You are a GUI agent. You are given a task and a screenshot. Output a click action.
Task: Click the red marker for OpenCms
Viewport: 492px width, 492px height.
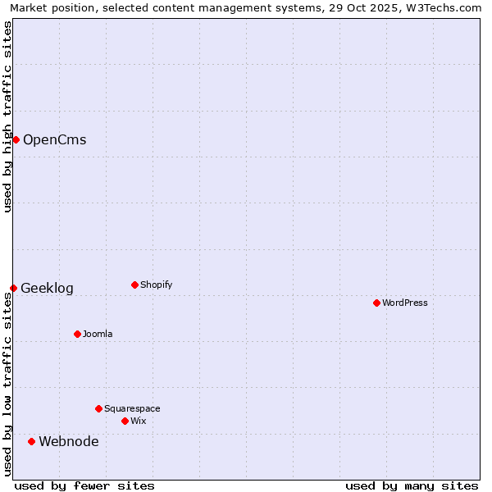click(x=16, y=139)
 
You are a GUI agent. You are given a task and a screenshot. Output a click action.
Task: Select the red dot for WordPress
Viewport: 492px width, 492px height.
click(x=376, y=303)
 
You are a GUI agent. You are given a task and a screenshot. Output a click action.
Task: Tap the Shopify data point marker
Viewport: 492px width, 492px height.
click(x=134, y=285)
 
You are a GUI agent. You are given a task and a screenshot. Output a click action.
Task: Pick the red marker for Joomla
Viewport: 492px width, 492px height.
click(x=77, y=334)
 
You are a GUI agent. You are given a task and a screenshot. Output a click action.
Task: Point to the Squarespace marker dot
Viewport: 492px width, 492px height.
click(x=98, y=408)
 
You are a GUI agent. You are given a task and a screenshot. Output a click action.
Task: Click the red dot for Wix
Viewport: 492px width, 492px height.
click(x=125, y=421)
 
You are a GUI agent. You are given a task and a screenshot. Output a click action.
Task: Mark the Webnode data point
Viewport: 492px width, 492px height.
click(x=31, y=441)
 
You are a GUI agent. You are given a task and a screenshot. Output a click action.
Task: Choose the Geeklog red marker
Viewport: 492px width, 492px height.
click(x=13, y=288)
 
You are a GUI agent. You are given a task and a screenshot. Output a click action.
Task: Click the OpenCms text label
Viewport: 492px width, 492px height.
click(x=54, y=139)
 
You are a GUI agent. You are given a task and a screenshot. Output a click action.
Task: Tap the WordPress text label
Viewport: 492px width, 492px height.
click(x=405, y=303)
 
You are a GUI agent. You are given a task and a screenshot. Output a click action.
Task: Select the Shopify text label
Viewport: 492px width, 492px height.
click(x=156, y=285)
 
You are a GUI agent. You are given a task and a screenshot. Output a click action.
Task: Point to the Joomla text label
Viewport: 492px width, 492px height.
click(x=98, y=334)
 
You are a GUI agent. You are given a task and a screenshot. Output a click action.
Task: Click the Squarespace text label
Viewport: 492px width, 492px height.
click(x=132, y=408)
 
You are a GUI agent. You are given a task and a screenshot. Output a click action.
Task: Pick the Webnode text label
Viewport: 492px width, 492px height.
click(x=69, y=441)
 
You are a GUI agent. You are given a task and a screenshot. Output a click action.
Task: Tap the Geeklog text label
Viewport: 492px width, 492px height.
click(x=47, y=288)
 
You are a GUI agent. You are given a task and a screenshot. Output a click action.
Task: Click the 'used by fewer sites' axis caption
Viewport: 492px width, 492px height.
click(x=84, y=485)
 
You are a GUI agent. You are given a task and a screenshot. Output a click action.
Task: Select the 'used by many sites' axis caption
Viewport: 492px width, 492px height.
click(x=412, y=485)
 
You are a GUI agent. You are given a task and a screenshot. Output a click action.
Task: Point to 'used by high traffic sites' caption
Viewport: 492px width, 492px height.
click(x=7, y=116)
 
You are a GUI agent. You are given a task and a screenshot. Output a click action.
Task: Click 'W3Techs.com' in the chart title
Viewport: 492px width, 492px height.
click(x=448, y=7)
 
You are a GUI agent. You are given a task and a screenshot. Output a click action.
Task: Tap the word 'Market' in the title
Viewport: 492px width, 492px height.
click(x=29, y=7)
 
